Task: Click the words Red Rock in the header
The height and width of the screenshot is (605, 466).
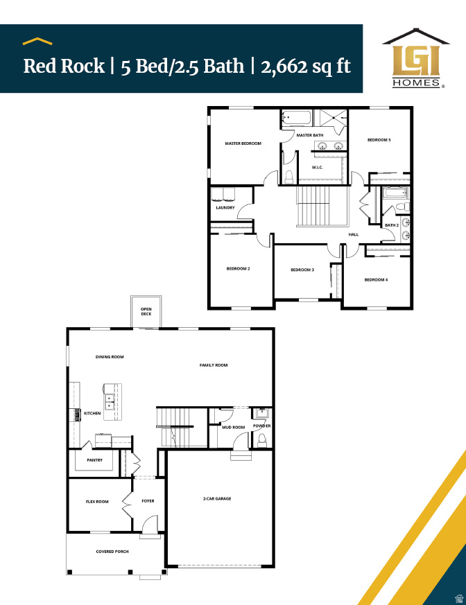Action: [x=64, y=67]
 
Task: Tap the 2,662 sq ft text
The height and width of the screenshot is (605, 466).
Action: [x=306, y=67]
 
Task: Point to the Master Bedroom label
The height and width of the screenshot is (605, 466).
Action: [x=243, y=143]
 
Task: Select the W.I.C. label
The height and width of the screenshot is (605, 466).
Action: [x=318, y=167]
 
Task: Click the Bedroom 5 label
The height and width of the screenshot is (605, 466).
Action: [x=379, y=140]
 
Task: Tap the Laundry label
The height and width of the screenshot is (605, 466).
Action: [x=225, y=207]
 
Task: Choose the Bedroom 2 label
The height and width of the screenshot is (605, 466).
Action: [x=238, y=269]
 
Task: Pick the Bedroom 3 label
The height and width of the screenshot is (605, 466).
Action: [x=302, y=270]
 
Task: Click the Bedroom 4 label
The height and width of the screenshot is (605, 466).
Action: [x=376, y=279]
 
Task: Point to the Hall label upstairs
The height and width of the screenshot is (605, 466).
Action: [x=354, y=234]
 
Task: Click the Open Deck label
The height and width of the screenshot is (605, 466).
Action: [x=146, y=311]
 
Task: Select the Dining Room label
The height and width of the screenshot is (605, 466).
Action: [x=110, y=357]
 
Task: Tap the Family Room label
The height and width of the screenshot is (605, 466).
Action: [x=214, y=365]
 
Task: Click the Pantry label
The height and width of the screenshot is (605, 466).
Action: [x=95, y=459]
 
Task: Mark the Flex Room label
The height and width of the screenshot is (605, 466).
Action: [x=97, y=501]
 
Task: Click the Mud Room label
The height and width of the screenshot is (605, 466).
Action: [x=233, y=427]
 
